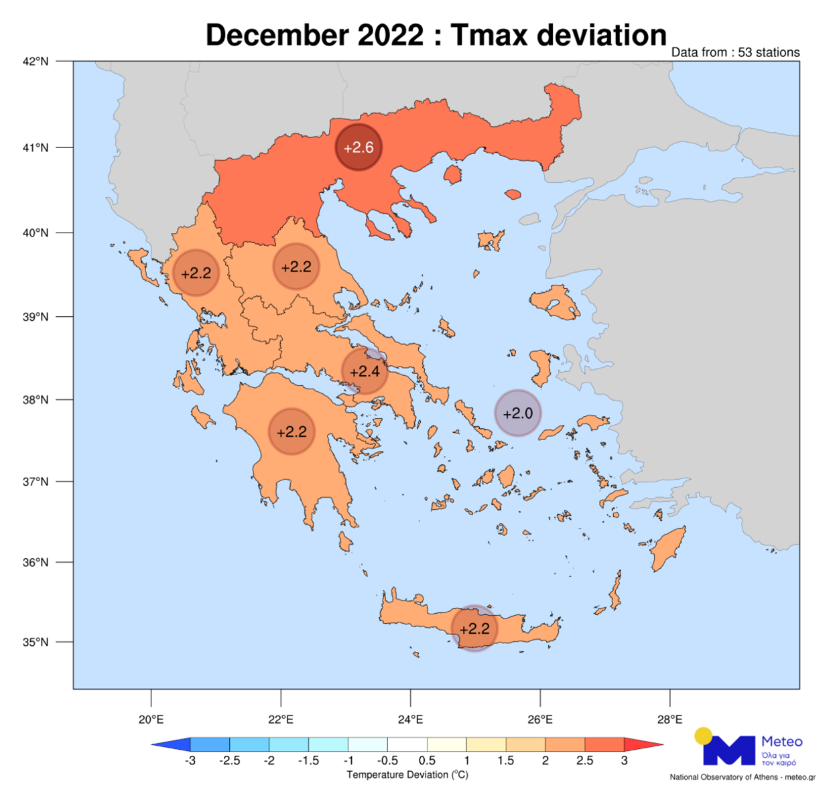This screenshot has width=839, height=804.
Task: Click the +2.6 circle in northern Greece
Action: point(359,147)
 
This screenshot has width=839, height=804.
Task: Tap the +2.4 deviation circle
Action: point(365,371)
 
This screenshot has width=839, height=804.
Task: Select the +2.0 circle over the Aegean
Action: point(518,413)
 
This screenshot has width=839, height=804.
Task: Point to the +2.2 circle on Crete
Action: point(474,628)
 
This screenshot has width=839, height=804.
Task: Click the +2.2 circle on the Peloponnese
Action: point(292,432)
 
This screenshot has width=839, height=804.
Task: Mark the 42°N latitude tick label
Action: point(36,62)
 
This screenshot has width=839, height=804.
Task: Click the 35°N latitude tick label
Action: point(36,642)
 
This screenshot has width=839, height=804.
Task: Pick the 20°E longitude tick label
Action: point(151,720)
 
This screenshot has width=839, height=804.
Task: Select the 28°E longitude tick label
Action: point(669,720)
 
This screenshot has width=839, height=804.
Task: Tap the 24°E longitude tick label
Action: point(410,720)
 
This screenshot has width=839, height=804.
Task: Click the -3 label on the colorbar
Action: point(190,760)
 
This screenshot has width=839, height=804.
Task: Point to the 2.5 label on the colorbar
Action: point(584,760)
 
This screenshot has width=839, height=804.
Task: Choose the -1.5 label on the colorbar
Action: point(308,760)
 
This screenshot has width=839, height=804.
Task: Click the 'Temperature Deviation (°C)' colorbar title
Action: point(407,775)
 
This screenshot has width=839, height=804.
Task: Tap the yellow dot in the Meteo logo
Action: point(704,736)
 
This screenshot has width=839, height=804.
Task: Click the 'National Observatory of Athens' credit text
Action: point(724,777)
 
